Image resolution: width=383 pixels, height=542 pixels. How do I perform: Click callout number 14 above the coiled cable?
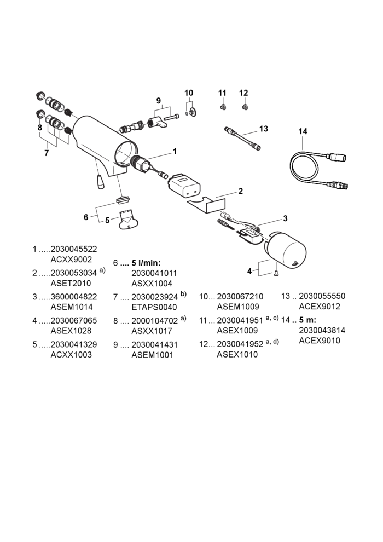point(303,131)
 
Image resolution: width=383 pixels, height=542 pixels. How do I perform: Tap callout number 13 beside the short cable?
point(264,129)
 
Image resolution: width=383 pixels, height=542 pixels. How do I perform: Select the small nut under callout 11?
point(223,107)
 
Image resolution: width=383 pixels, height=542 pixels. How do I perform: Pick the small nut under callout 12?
point(245,107)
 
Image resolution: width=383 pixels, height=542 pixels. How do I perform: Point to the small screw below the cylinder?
point(276,274)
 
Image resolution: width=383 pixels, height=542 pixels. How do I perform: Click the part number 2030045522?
point(74,249)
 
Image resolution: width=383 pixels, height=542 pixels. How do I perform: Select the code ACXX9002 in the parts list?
point(72,260)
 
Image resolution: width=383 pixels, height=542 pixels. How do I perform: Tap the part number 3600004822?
point(74,297)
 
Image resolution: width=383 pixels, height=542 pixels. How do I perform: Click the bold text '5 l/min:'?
point(146,263)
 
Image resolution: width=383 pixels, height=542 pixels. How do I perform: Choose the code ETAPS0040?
point(154,307)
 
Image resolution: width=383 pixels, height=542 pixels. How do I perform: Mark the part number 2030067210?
point(240,296)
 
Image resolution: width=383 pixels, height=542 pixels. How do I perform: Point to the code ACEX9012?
point(320,306)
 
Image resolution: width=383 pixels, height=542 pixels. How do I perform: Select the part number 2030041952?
point(240,344)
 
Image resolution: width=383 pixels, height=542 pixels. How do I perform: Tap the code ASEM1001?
point(152,355)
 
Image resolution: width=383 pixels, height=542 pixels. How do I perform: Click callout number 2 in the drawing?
point(241,191)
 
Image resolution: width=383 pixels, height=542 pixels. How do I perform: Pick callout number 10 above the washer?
point(189,93)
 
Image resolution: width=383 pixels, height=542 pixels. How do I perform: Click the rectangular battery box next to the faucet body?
point(184,186)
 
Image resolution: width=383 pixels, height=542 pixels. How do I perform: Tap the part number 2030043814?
point(322,330)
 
